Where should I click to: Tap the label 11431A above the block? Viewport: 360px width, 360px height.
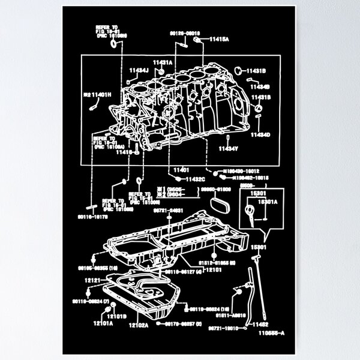point(162,62)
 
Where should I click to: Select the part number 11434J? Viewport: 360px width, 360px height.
point(138,70)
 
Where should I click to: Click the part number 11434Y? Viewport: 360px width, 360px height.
point(229,147)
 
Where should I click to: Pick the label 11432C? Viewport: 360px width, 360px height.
point(195,179)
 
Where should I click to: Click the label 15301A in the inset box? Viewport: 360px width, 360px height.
point(268,202)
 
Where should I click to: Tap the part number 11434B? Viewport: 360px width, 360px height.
point(262,86)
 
